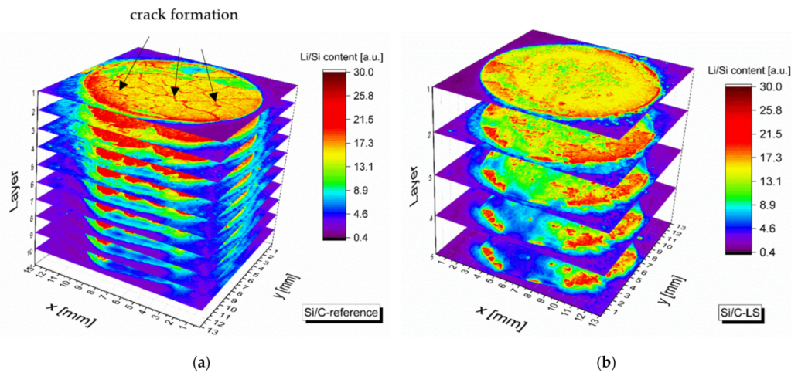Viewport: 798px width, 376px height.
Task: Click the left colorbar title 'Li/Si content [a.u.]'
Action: (351, 56)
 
